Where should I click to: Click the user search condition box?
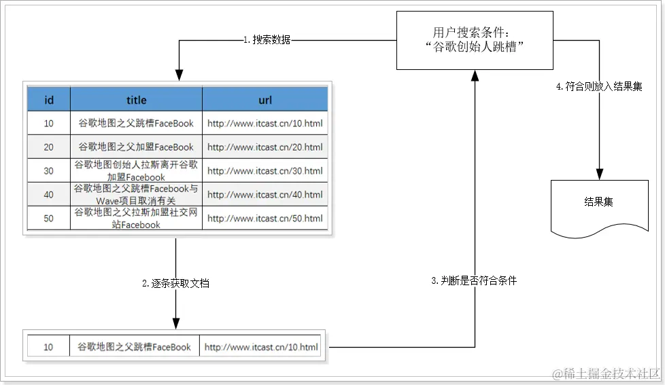point(475,41)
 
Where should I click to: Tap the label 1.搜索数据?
point(267,40)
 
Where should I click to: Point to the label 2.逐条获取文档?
point(175,284)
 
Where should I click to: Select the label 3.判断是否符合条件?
point(474,280)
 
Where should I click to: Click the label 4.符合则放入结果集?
point(598,88)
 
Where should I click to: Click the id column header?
point(49,100)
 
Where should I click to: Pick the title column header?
point(136,100)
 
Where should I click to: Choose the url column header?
point(265,100)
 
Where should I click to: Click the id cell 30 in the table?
point(49,171)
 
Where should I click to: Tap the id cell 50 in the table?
point(49,219)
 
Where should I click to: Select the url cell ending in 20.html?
point(265,147)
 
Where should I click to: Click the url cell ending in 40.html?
point(265,195)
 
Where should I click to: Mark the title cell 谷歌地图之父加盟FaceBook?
point(136,147)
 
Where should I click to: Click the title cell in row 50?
point(136,219)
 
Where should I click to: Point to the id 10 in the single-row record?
point(48,347)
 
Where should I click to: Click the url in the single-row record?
point(261,347)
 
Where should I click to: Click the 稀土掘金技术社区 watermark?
point(606,373)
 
